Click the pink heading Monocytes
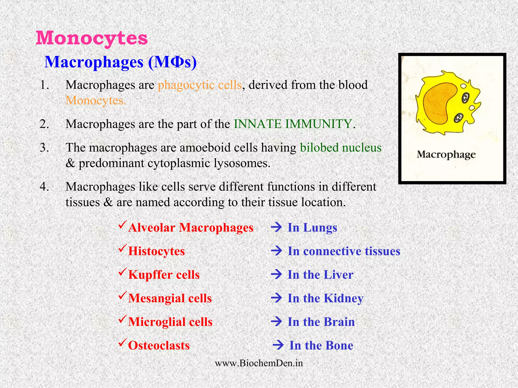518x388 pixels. click(92, 38)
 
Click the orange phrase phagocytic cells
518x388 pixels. click(200, 85)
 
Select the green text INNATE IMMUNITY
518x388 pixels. click(293, 124)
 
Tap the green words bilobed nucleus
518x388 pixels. click(340, 148)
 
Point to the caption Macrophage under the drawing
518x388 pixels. click(446, 154)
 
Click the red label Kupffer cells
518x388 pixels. click(164, 275)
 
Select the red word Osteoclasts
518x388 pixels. click(159, 345)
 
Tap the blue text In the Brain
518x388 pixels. click(321, 322)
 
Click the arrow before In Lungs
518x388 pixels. click(276, 227)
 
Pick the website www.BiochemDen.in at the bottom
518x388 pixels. click(259, 363)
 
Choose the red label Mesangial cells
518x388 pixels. click(170, 298)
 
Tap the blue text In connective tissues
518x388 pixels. click(344, 251)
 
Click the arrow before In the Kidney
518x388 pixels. click(276, 298)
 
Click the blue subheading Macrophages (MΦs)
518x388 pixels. click(120, 62)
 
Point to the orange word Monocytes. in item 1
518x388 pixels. click(96, 101)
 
